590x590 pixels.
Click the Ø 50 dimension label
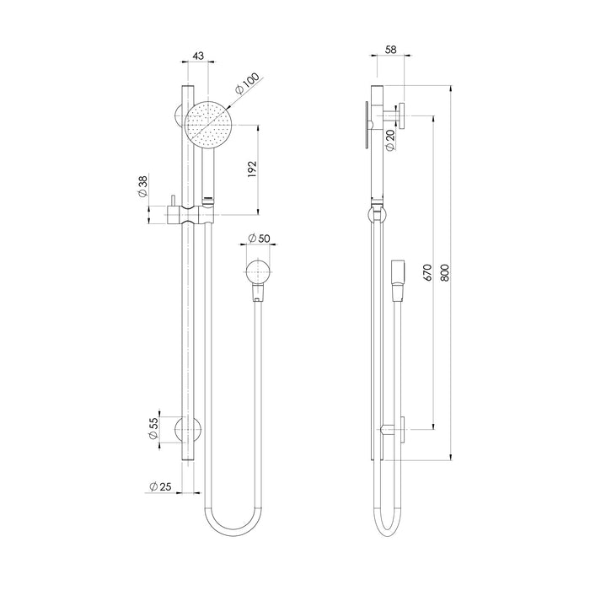(259, 239)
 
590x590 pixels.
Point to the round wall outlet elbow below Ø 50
(258, 274)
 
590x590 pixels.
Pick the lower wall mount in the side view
(394, 430)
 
